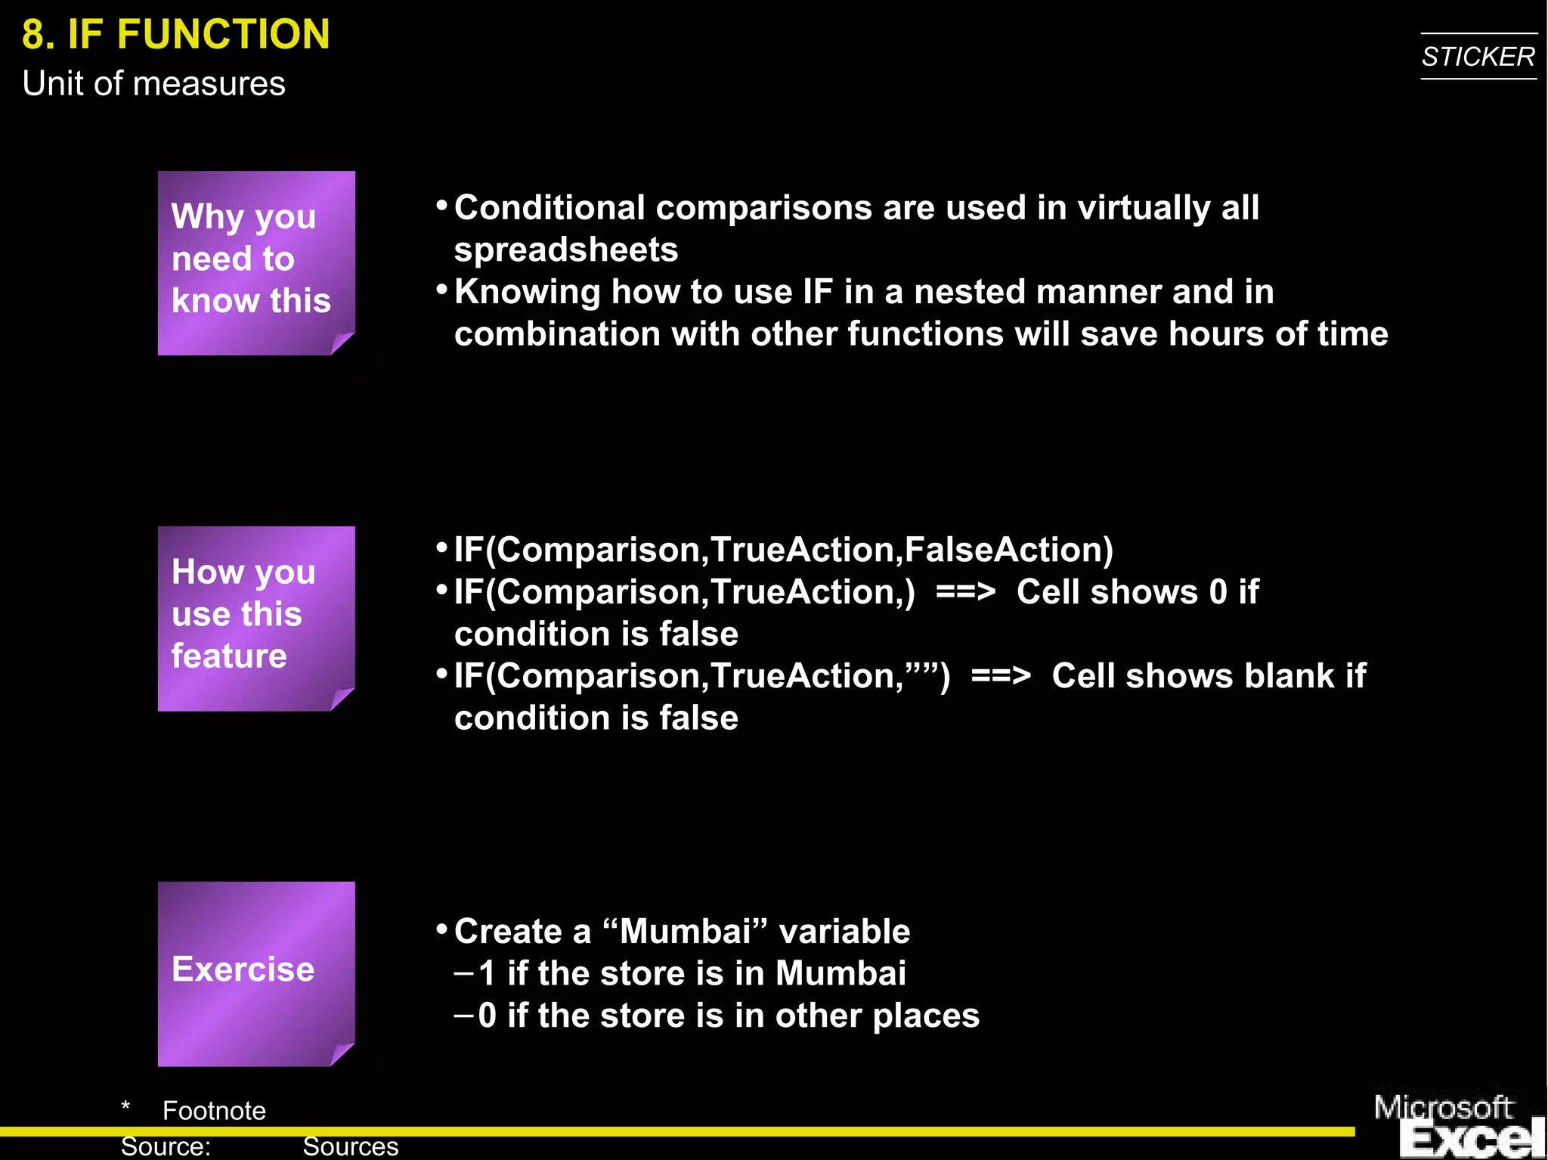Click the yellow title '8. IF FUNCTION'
tap(175, 35)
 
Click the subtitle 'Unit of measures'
tap(153, 83)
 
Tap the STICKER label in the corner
tap(1478, 57)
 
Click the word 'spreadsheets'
tap(565, 250)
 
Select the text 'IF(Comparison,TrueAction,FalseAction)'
tap(783, 550)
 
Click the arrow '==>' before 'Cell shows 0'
tap(965, 592)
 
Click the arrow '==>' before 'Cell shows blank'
tap(1000, 676)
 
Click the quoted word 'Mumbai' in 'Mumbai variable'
tap(685, 932)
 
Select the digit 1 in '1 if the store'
tap(487, 974)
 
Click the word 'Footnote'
tap(214, 1111)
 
